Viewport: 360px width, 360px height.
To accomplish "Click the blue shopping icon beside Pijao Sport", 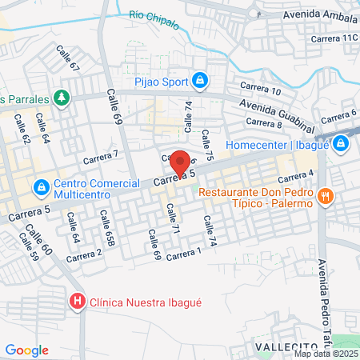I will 201,80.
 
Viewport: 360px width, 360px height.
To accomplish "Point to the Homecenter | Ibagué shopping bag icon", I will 342,145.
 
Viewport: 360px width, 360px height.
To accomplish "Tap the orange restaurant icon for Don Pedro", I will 324,196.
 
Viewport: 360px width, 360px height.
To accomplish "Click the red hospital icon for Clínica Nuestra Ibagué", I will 77,302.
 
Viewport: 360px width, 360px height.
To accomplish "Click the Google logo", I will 26,350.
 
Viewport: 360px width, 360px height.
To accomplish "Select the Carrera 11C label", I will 334,38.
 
